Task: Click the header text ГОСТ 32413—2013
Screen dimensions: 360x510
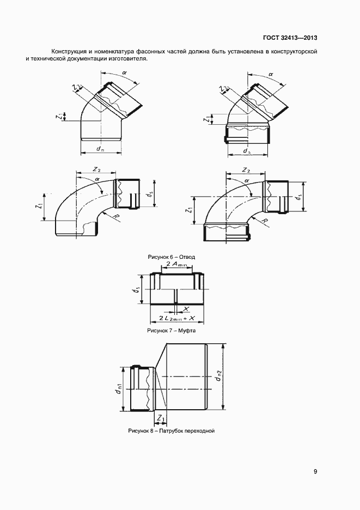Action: (x=290, y=38)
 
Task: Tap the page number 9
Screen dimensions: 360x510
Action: (x=315, y=472)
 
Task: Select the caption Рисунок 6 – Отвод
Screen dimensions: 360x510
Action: (x=172, y=257)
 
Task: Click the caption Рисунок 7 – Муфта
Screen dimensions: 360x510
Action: (x=172, y=331)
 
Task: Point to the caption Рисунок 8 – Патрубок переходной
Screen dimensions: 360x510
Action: (x=172, y=431)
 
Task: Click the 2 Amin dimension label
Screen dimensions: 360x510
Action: (x=177, y=264)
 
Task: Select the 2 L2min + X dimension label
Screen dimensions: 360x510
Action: (x=176, y=318)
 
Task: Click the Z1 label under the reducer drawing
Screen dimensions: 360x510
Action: (x=161, y=418)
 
